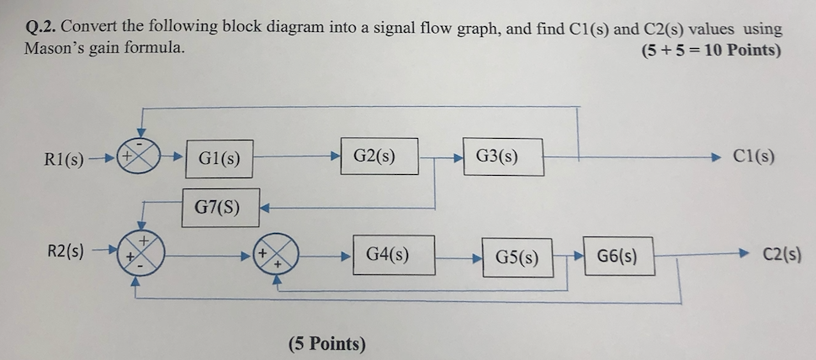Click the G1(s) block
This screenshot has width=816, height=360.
coord(220,158)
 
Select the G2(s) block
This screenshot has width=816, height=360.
coord(379,156)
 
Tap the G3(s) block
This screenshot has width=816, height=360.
coord(501,156)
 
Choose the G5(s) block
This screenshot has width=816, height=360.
coord(517,257)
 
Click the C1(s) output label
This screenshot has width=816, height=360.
coord(754,156)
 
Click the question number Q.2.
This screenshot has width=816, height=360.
coord(41,27)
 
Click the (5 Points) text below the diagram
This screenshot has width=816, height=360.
coord(327,343)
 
